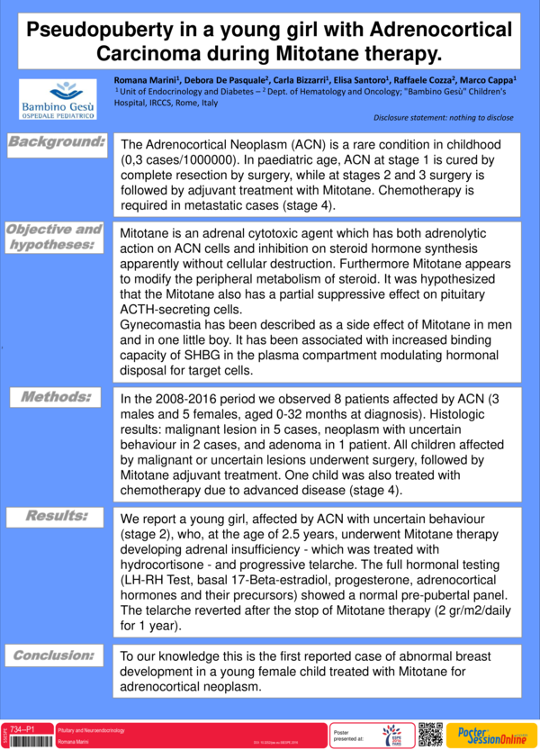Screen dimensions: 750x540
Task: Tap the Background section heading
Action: [58, 142]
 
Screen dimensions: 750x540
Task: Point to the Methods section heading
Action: [58, 396]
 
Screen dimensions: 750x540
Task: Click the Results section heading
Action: [58, 516]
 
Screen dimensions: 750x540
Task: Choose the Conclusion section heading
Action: [58, 655]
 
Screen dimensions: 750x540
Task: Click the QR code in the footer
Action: [431, 734]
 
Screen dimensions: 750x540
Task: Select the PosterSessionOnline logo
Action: [491, 734]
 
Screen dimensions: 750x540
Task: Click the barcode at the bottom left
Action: [26, 740]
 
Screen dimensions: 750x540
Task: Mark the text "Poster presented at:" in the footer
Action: [346, 734]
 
